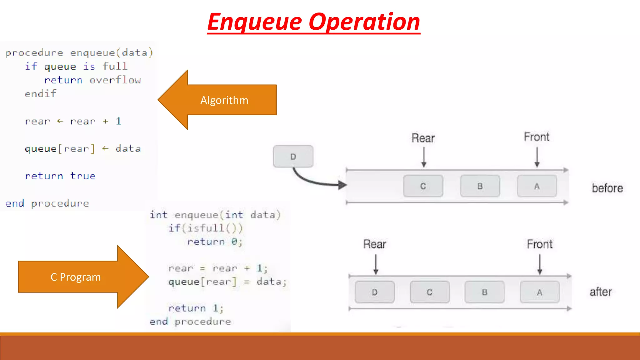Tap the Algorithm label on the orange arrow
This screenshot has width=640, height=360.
click(224, 100)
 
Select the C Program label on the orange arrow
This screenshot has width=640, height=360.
click(76, 277)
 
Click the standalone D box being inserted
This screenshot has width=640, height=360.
click(293, 157)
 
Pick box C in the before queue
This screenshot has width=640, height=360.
click(423, 186)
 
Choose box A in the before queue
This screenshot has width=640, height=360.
click(537, 186)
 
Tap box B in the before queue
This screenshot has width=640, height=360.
click(480, 186)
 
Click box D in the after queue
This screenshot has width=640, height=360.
click(375, 292)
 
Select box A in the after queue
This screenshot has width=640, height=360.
click(540, 292)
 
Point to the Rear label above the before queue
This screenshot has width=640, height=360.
click(423, 138)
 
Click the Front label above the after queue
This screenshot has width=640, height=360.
click(540, 244)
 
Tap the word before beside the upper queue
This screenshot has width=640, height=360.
click(607, 188)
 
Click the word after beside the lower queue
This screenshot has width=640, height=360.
click(601, 292)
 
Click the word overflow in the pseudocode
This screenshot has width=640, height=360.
click(115, 80)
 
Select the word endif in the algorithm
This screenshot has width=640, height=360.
click(41, 94)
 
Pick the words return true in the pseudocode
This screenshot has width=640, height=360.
click(60, 176)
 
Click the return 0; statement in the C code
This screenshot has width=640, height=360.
click(215, 242)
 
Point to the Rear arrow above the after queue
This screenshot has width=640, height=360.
click(376, 264)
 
